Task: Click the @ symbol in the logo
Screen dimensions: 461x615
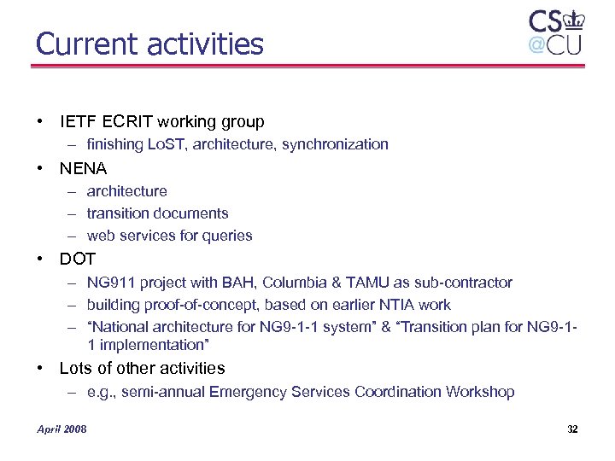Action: (536, 44)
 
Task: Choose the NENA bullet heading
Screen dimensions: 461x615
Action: (83, 168)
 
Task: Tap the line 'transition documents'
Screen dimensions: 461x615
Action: (157, 213)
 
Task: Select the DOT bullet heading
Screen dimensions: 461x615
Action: (78, 259)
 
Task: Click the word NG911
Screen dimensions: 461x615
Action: (112, 283)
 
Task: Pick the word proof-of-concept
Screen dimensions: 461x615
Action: (199, 305)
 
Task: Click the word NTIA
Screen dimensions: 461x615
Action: (401, 305)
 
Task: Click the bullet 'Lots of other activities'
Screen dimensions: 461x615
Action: (142, 369)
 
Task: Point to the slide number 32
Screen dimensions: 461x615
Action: (572, 429)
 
